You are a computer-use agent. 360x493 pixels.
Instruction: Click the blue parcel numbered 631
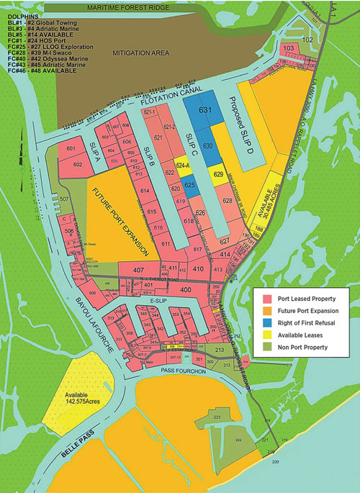coord(204,110)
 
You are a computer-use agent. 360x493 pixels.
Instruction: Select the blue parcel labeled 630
coord(207,146)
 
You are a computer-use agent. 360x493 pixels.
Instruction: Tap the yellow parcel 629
coord(219,173)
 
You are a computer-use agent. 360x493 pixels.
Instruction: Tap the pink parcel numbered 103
coord(289,48)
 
